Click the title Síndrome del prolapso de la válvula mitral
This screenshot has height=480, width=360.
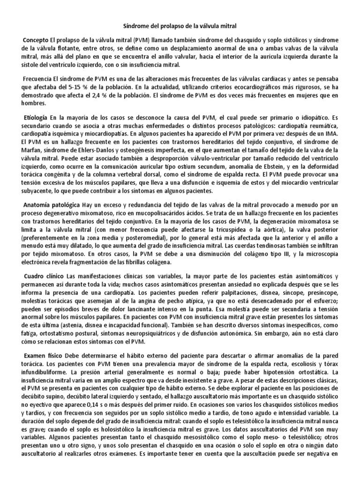point(180,22)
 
